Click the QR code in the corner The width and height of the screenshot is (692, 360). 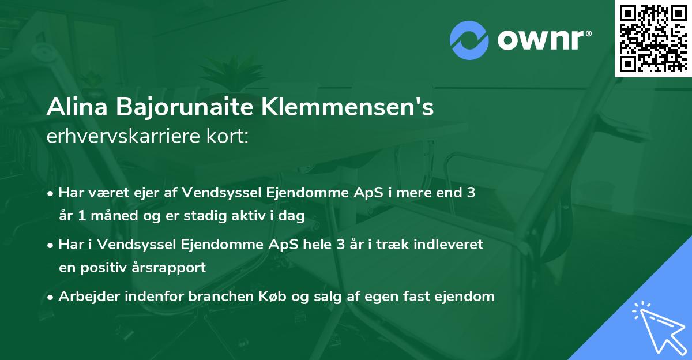pyautogui.click(x=653, y=38)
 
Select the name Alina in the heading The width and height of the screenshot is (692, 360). pyautogui.click(x=77, y=107)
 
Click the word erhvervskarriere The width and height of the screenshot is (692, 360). pyautogui.click(x=118, y=136)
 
